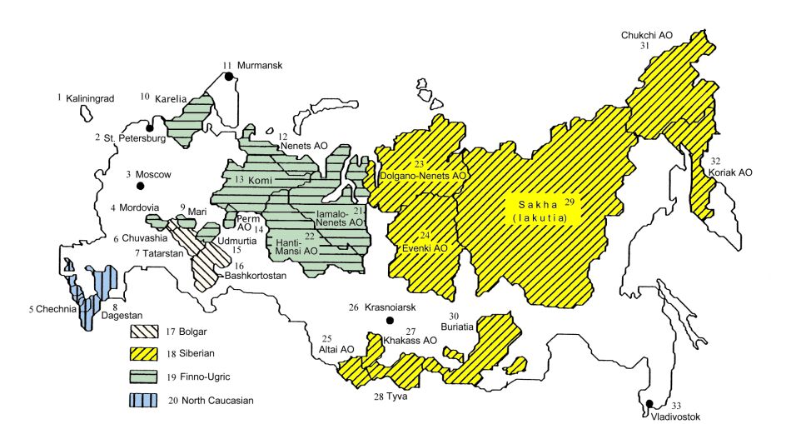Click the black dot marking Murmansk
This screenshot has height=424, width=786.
[226, 77]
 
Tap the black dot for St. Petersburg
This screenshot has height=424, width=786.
[150, 128]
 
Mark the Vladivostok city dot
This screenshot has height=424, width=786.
[648, 404]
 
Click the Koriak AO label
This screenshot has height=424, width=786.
[730, 172]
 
